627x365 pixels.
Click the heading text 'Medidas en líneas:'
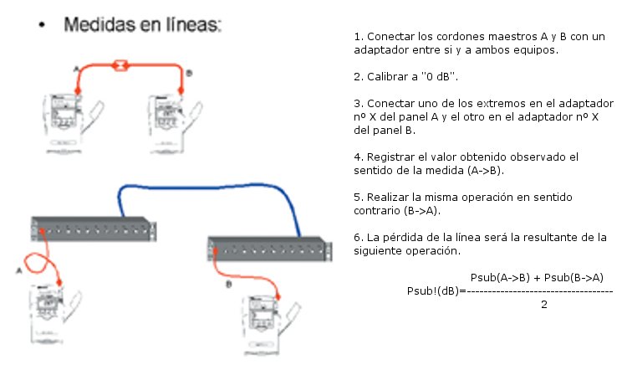[142, 24]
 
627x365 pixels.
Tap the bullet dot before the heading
[42, 25]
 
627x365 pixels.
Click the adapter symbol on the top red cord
[120, 64]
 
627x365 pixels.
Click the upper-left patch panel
[94, 229]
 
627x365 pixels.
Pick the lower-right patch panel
[270, 249]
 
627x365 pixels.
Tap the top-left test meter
[73, 123]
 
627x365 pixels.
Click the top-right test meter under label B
[176, 123]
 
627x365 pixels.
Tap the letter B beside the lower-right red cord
[229, 285]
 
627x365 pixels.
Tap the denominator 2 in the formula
[544, 305]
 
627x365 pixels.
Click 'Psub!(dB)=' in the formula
[436, 291]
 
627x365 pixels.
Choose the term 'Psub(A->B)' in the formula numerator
[500, 277]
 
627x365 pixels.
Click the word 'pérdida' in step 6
[403, 238]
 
